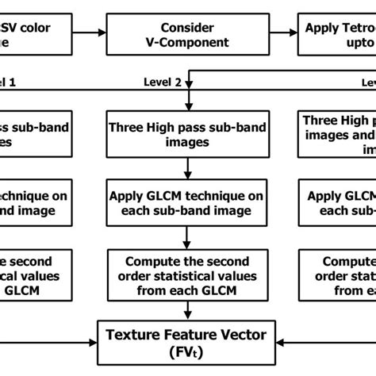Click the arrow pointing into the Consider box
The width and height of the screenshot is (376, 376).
(96, 33)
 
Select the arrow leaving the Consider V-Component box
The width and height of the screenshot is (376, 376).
(282, 33)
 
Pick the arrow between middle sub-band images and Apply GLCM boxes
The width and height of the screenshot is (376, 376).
(187, 167)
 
